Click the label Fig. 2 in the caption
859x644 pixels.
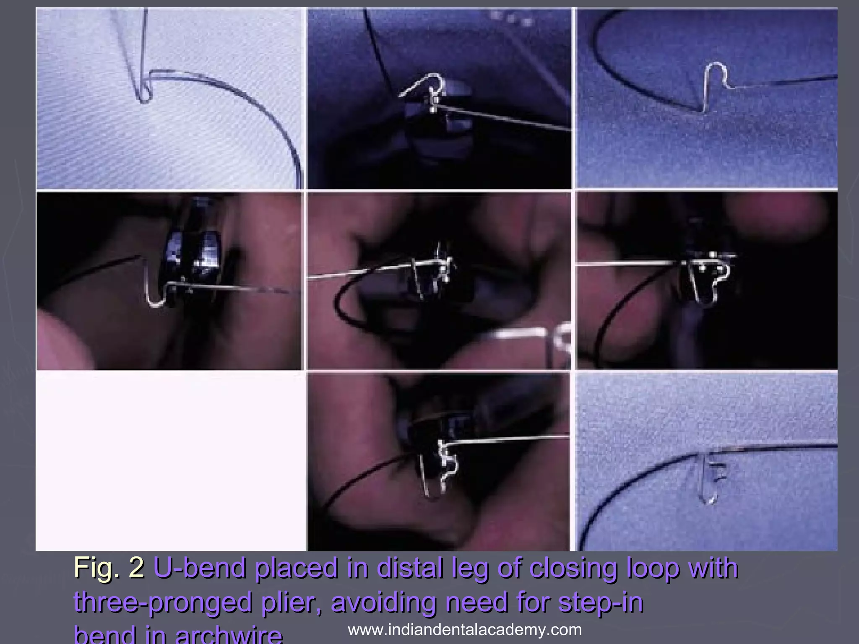109,568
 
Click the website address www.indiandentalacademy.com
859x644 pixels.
465,630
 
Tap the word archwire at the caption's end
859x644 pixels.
228,635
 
